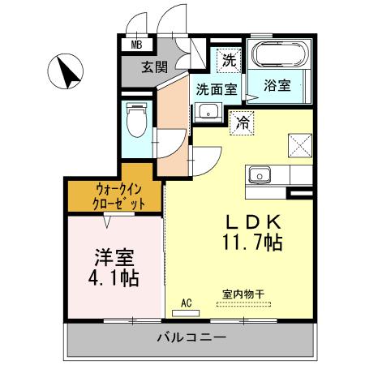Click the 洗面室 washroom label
213,90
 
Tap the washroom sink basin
208,112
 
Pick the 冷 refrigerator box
243,123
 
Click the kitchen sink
261,174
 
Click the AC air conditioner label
186,303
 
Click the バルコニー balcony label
186,337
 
